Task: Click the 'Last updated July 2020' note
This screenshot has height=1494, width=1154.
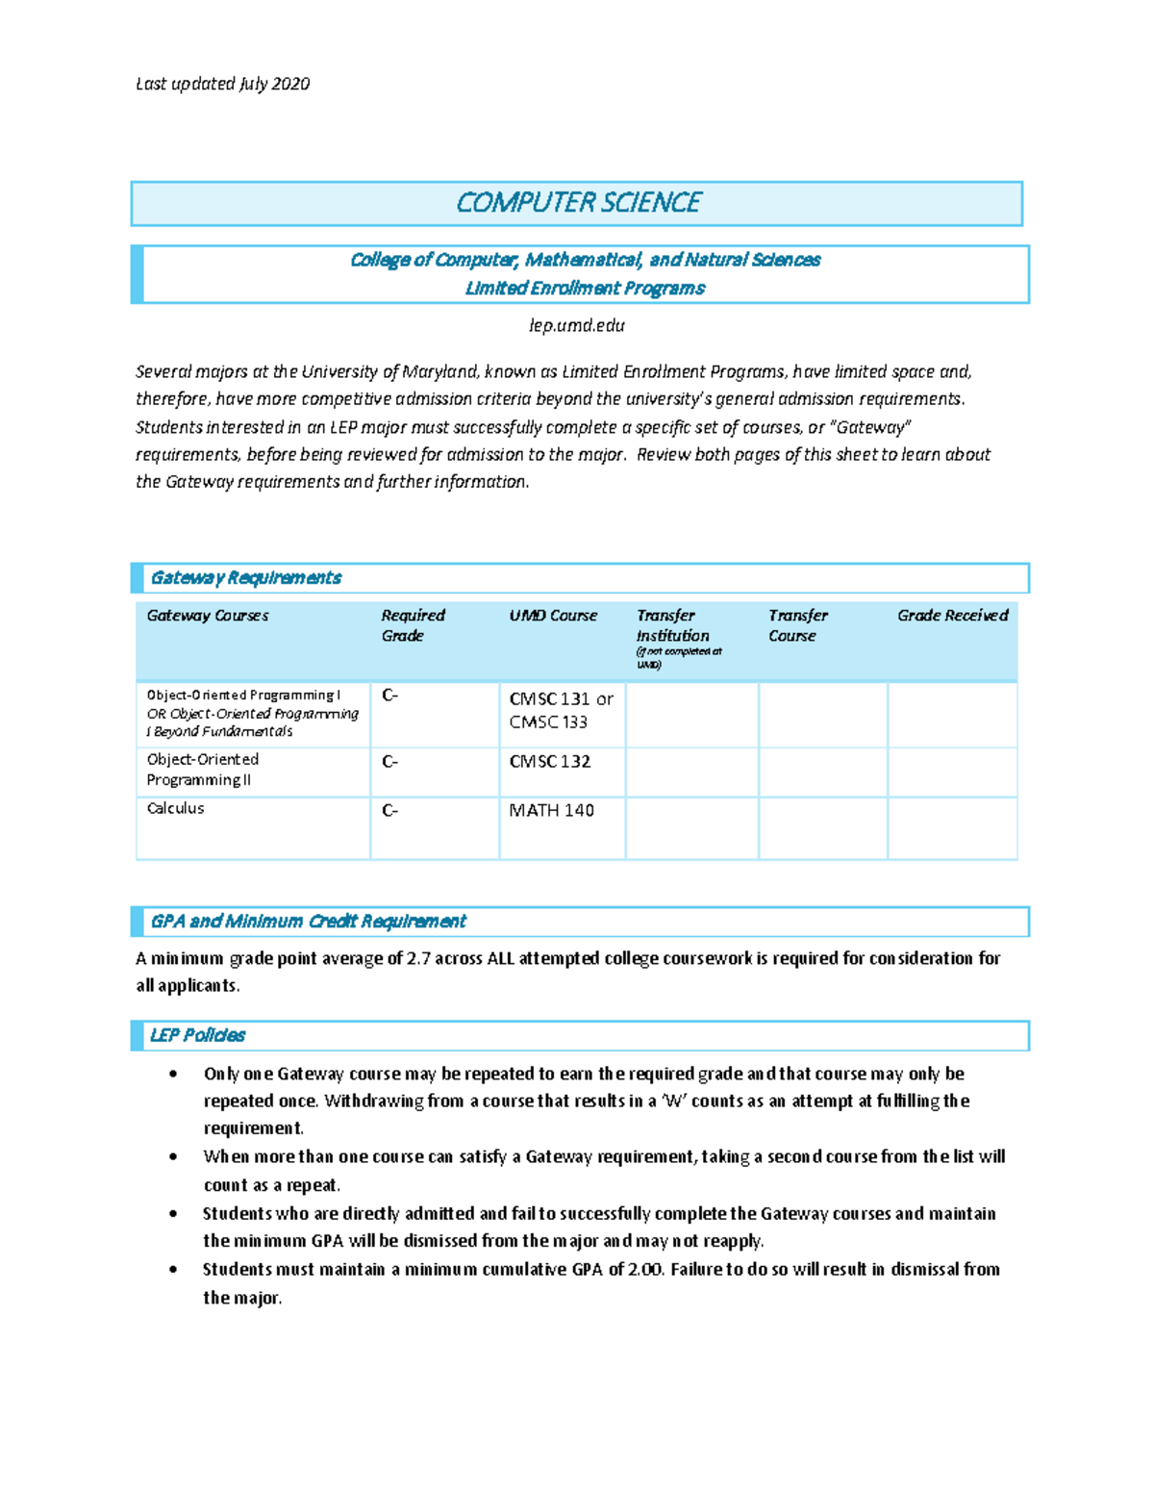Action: coord(222,84)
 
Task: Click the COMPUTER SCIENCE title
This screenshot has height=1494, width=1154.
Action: coord(577,203)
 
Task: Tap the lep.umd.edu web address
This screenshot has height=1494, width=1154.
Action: coord(577,325)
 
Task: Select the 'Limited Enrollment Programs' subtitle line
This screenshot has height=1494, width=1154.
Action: coord(585,289)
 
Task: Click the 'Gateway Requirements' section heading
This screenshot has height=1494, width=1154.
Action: coord(245,578)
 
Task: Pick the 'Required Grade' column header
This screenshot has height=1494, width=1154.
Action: coord(413,625)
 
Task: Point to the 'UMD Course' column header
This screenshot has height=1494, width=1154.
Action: coord(553,616)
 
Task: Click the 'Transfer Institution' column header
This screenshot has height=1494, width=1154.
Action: coord(672,625)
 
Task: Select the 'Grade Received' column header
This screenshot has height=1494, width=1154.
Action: coord(952,616)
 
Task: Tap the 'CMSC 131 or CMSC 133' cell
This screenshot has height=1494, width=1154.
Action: coord(561,710)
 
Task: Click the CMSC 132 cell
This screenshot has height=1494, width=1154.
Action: coord(550,762)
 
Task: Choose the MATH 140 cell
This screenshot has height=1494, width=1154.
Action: coord(551,811)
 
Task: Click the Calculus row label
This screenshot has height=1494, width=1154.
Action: coord(175,809)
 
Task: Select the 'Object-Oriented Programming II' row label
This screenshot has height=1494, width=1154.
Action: coord(202,770)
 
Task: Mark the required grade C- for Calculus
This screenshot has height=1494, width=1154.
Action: coord(389,811)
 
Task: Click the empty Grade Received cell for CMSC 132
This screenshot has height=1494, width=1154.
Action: coord(952,772)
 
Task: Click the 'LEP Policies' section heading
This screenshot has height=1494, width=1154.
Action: coord(197,1036)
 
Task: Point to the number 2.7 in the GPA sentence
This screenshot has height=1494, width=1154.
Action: coord(418,958)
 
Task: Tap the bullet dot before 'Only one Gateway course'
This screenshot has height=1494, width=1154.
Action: coord(173,1075)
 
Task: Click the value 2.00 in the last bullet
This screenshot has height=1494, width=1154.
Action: coord(644,1270)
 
